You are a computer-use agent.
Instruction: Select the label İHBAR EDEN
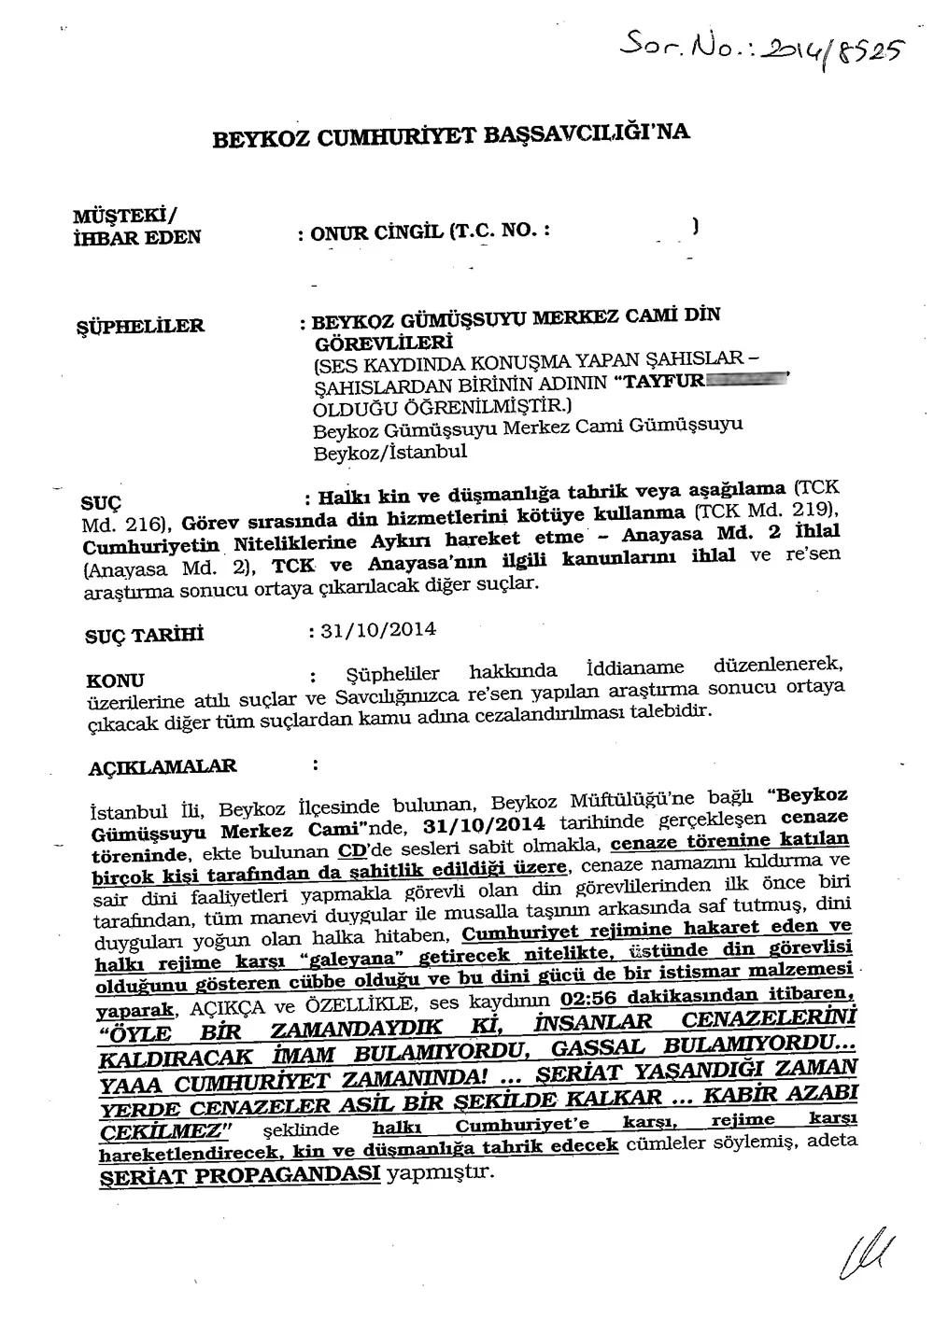[x=136, y=237]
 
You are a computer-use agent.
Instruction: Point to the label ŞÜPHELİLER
[x=139, y=327]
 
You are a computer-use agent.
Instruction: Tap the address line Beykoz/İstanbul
[x=389, y=451]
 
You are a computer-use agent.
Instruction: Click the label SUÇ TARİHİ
[x=144, y=637]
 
